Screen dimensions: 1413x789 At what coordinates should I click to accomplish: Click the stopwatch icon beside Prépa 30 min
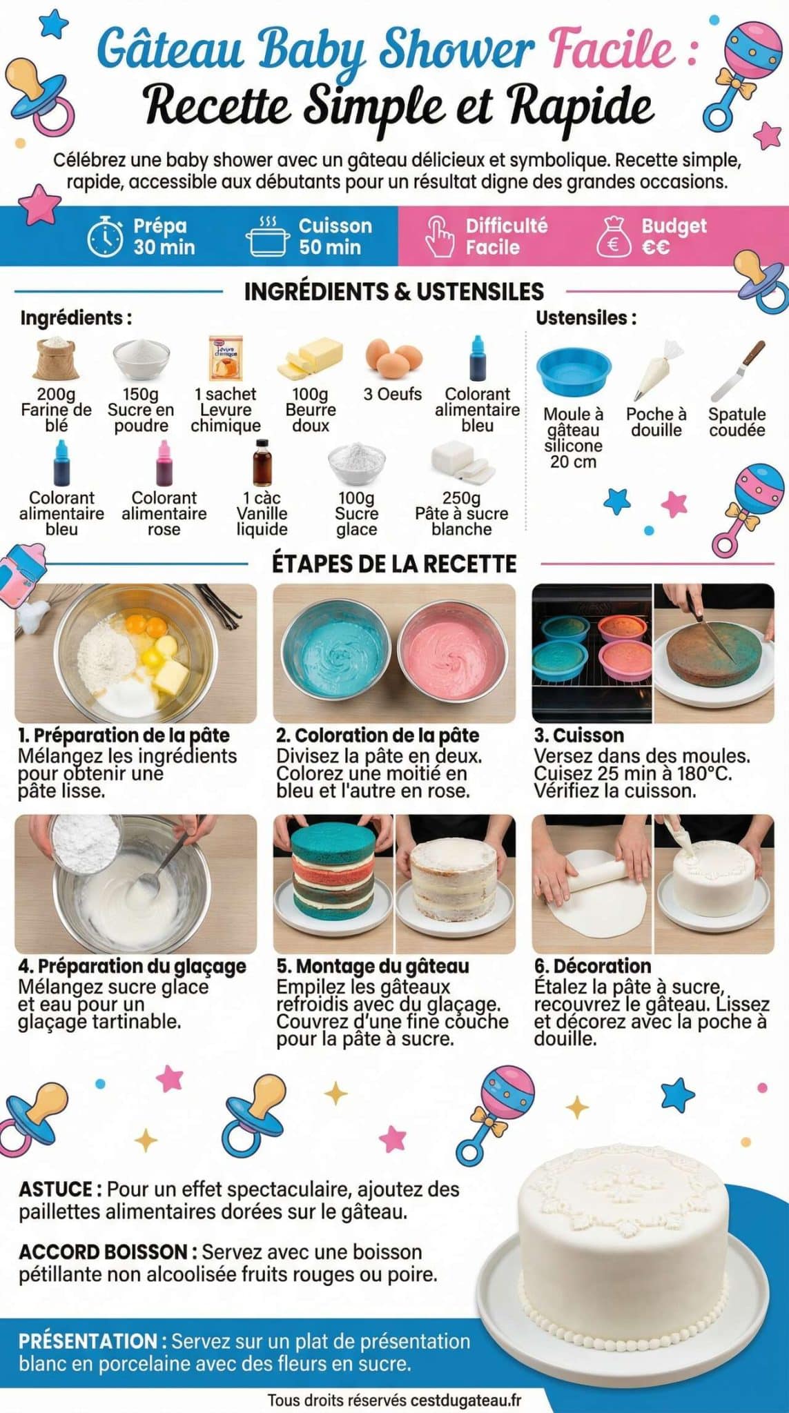(105, 237)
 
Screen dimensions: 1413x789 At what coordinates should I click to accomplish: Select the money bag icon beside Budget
(613, 237)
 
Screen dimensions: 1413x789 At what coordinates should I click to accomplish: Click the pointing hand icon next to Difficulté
(439, 237)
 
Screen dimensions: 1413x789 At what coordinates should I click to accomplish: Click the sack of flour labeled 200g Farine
(57, 357)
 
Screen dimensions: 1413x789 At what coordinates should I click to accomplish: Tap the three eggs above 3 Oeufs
(393, 357)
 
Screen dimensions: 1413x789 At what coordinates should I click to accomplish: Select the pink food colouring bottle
(164, 464)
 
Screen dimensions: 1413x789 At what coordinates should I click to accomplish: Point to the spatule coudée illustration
(737, 371)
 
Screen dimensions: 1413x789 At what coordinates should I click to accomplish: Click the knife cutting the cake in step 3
(705, 633)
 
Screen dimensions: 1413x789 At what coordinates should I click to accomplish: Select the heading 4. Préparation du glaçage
(132, 966)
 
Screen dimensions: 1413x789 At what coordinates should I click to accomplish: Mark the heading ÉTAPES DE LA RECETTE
(394, 564)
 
